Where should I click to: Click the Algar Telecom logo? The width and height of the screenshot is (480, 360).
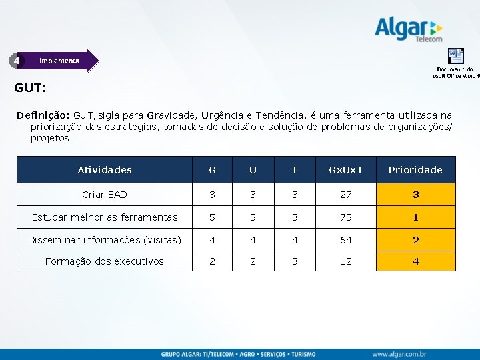tap(408, 29)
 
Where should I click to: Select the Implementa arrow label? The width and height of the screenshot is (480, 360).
tap(59, 61)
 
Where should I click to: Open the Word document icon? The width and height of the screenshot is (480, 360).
tap(455, 55)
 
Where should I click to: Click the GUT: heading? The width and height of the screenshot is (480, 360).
tap(30, 87)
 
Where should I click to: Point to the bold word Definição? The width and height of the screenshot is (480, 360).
tap(43, 115)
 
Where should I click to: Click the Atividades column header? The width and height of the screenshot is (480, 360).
tap(105, 170)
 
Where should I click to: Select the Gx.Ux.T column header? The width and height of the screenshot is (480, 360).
tap(346, 170)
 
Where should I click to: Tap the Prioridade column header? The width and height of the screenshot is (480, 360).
tap(415, 170)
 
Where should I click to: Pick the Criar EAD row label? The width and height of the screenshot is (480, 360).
tap(105, 195)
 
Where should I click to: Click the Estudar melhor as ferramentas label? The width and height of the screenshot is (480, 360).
tap(105, 217)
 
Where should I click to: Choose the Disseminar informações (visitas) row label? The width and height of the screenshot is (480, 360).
tap(105, 240)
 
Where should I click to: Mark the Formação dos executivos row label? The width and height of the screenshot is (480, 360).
tap(105, 261)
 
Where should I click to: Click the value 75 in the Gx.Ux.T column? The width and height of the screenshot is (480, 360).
tap(346, 217)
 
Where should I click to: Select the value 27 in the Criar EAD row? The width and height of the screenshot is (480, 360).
tap(346, 195)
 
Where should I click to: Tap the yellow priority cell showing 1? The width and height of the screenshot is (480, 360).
tap(415, 217)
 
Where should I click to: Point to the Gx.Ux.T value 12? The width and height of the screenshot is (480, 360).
tap(346, 261)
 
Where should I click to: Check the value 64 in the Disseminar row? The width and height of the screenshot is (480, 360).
tap(346, 240)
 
